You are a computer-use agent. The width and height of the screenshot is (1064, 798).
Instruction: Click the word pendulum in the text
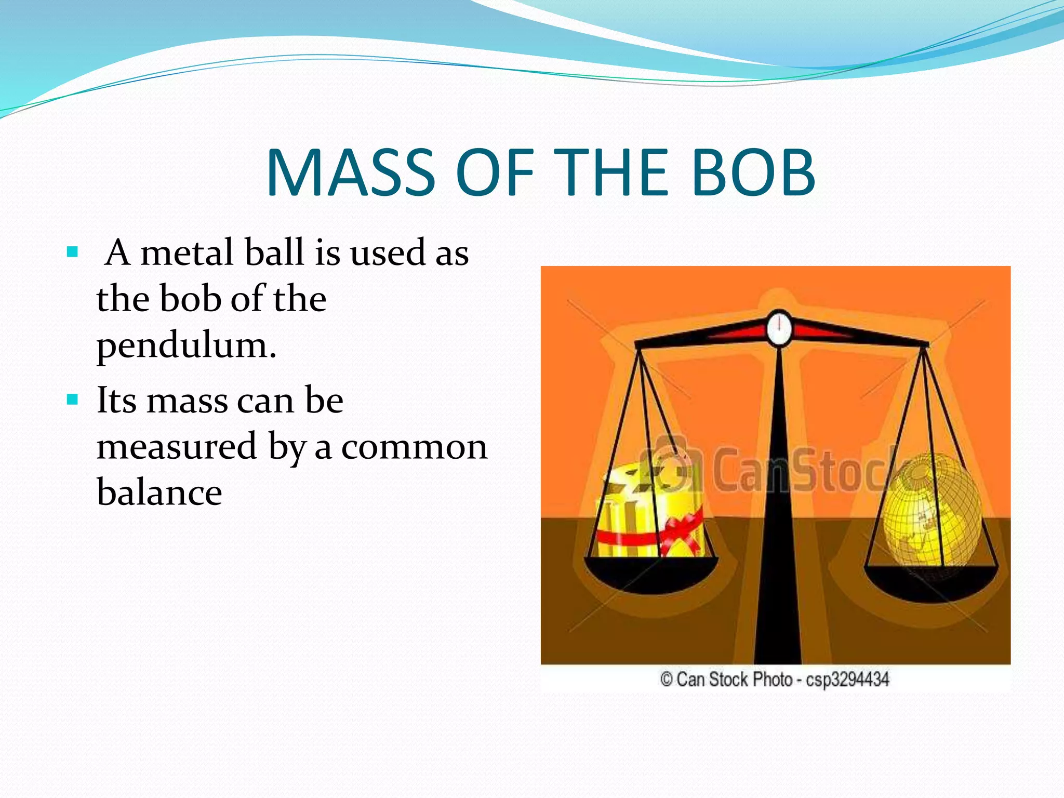tap(185, 347)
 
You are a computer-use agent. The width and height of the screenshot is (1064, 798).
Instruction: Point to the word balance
tap(159, 492)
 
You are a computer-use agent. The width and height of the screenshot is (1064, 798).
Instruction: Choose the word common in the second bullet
tap(414, 447)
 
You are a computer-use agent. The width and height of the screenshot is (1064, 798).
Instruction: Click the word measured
tap(177, 447)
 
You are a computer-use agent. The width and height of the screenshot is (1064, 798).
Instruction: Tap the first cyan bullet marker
tap(73, 253)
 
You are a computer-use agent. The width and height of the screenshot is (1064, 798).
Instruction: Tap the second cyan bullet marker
tap(73, 401)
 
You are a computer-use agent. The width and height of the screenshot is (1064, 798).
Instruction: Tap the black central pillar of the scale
tap(778, 520)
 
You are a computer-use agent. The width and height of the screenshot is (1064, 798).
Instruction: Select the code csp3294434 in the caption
tap(847, 680)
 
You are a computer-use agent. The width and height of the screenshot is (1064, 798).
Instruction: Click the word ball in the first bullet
tap(273, 253)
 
